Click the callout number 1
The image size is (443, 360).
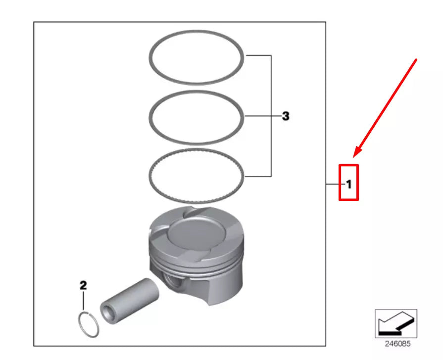pyautogui.click(x=348, y=185)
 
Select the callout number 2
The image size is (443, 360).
pyautogui.click(x=83, y=285)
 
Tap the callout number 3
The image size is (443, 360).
pyautogui.click(x=286, y=116)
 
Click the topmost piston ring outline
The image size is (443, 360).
pyautogui.click(x=197, y=34)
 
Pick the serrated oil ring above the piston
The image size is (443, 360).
pyautogui.click(x=197, y=152)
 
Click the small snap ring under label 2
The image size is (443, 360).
pyautogui.click(x=89, y=325)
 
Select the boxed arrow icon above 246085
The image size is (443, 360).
pyautogui.click(x=395, y=323)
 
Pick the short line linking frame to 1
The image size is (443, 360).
pyautogui.click(x=333, y=185)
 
